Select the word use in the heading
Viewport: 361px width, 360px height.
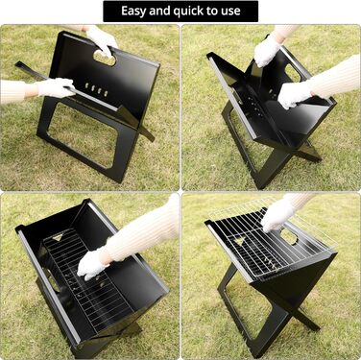[230, 12]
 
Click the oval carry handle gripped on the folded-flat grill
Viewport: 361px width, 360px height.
[105, 58]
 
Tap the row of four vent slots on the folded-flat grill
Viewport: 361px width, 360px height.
[96, 89]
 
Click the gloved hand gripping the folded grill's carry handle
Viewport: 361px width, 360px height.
[102, 41]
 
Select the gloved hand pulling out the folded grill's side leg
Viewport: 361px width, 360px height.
[56, 87]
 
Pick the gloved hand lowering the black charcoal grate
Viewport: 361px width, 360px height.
[92, 264]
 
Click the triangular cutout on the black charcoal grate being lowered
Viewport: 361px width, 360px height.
[58, 237]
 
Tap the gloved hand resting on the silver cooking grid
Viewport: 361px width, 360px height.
[277, 215]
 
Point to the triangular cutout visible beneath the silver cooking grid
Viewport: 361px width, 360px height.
[239, 241]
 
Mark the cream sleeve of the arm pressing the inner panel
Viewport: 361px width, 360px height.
[334, 77]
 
